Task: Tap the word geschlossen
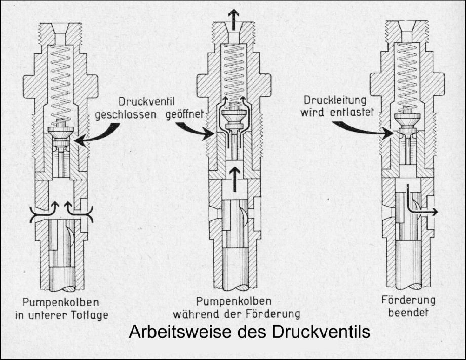point(126,115)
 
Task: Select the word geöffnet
point(184,114)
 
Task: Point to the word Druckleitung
point(335,100)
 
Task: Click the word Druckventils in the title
point(320,332)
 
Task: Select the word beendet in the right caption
point(408,312)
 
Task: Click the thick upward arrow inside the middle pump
point(236,179)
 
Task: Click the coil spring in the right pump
point(407,78)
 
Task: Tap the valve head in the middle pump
point(234,114)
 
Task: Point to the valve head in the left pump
point(61,132)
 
